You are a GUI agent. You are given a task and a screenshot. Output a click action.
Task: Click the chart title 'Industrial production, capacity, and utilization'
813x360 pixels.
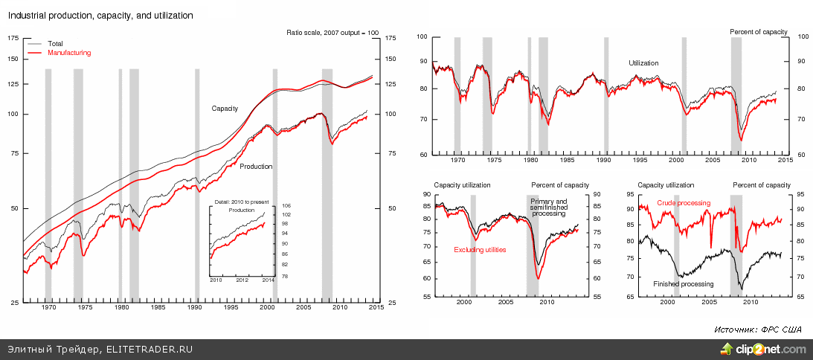click(x=100, y=15)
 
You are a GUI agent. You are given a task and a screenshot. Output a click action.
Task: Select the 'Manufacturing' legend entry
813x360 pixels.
click(x=69, y=53)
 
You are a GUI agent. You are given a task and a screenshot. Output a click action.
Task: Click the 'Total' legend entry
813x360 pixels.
click(x=55, y=44)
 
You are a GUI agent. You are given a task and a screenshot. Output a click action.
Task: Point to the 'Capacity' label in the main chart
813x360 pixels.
click(x=225, y=109)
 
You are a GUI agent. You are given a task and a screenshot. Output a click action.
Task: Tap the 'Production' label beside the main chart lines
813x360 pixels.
click(x=256, y=167)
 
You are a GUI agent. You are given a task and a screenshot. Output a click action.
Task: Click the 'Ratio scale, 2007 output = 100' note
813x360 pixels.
click(x=332, y=33)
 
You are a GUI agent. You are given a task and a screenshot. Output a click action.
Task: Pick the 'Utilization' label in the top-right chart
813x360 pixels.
click(x=643, y=63)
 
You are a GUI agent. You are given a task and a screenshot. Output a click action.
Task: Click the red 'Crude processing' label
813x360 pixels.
click(x=684, y=203)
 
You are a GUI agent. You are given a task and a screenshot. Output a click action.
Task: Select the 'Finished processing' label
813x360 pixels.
click(x=683, y=284)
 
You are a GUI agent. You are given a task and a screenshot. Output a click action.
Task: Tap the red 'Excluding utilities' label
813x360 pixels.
click(x=480, y=250)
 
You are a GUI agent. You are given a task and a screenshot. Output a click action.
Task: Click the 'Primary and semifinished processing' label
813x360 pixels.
click(x=548, y=208)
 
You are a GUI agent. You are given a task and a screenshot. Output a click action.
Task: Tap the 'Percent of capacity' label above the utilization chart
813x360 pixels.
click(x=758, y=31)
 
